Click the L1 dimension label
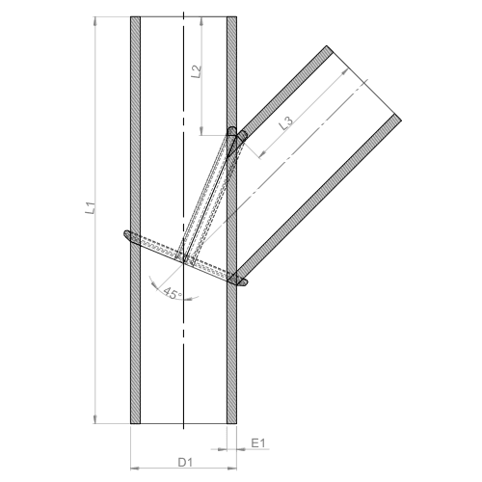[91, 208]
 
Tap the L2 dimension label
[196, 71]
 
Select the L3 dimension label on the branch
[285, 122]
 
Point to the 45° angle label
[173, 293]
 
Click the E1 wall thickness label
[258, 443]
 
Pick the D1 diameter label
[185, 463]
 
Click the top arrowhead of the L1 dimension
[95, 21]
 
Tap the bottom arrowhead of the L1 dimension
[95, 419]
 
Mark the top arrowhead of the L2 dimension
[201, 21]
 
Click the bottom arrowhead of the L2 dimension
[201, 131]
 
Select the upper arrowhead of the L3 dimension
[345, 72]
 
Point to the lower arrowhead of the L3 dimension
[263, 154]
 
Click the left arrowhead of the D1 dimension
[135, 469]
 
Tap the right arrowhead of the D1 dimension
[232, 469]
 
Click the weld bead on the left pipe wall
[130, 237]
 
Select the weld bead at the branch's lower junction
[240, 280]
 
